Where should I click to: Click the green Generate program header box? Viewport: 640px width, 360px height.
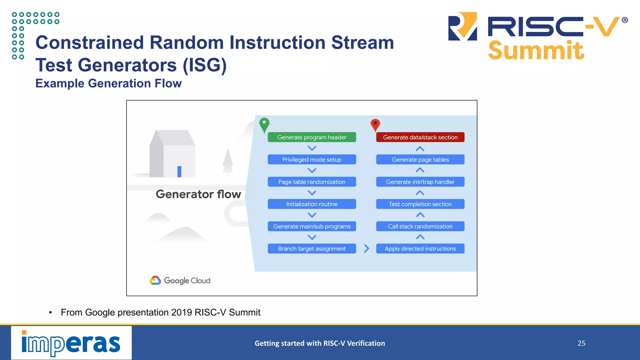point(312,137)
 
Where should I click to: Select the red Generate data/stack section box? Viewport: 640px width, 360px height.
point(420,137)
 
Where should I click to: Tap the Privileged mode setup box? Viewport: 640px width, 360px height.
point(312,159)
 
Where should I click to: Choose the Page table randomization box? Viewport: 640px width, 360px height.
point(312,182)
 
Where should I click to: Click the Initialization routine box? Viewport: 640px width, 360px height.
point(312,204)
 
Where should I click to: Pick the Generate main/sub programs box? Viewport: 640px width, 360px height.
point(312,226)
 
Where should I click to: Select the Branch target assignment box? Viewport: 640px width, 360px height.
point(312,249)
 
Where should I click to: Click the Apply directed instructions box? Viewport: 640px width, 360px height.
point(420,249)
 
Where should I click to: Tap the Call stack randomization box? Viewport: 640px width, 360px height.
point(420,226)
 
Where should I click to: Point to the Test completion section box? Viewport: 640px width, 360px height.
point(420,204)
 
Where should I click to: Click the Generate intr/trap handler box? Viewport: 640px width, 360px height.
point(420,182)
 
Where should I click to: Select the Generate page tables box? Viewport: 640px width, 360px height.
point(420,159)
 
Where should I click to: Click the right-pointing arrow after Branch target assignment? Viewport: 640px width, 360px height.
point(367,249)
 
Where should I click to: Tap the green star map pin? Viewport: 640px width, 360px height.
point(264,124)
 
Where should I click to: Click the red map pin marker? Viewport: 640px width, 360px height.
point(375,124)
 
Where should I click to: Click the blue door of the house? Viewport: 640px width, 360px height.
point(179,172)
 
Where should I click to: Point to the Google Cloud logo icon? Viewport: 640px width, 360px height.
point(155,280)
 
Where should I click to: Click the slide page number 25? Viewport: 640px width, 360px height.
point(581,343)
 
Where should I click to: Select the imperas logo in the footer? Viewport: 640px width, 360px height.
point(71,343)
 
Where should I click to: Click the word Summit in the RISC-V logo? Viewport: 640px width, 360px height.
point(536,51)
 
